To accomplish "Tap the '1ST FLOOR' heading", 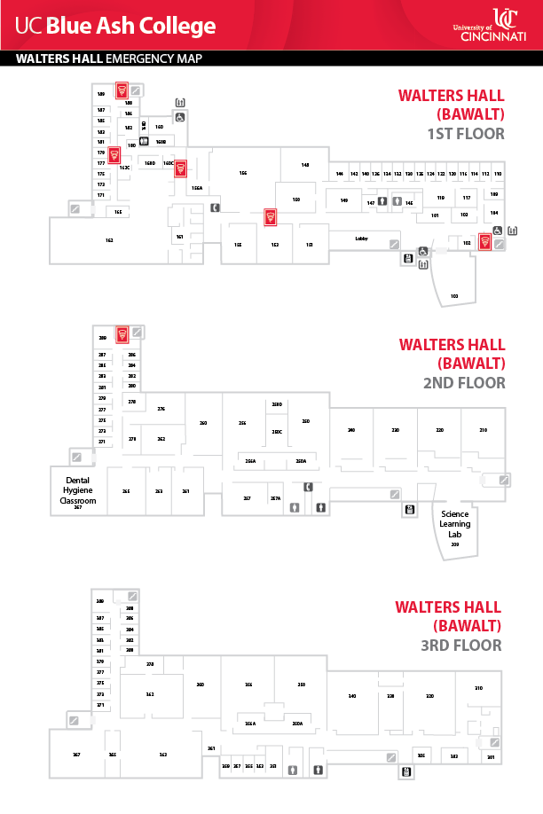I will [x=465, y=134].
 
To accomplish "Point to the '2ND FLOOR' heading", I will [x=465, y=383].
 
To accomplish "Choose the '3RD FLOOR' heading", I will [x=461, y=645].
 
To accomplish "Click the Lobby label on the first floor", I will [x=361, y=239].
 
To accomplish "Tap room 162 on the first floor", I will [x=109, y=240].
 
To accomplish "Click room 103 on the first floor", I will [x=454, y=294].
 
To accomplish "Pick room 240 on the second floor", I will [x=351, y=430].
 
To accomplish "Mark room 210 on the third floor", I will [x=478, y=688].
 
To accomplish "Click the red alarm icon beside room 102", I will [x=484, y=240].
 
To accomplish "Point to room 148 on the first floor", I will [x=305, y=165].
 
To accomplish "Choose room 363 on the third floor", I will [x=163, y=754].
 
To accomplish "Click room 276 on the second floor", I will [x=161, y=409].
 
